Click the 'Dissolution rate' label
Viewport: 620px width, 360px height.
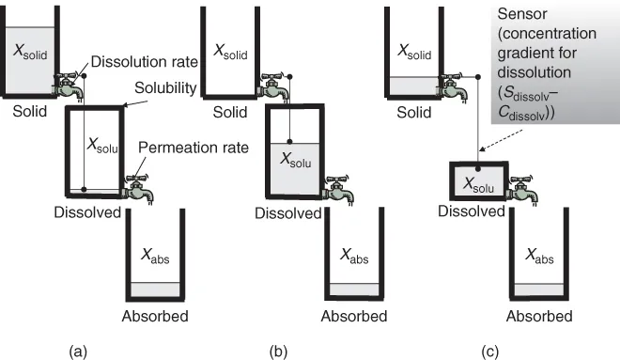145,62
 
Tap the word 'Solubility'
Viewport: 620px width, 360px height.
165,88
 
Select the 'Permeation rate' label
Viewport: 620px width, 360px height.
194,148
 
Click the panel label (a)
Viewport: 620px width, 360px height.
78,352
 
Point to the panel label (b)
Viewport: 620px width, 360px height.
278,352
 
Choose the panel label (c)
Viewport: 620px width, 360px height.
490,352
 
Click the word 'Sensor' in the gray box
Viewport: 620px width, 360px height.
522,14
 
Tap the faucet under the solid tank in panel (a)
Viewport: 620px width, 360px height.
70,86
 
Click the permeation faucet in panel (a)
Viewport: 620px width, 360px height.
137,189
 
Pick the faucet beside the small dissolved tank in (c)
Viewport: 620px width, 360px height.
522,190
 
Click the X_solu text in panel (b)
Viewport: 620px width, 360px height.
295,160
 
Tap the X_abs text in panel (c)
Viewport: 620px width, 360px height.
539,256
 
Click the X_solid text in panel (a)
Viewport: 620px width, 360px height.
30,51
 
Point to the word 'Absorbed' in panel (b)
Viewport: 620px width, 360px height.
354,316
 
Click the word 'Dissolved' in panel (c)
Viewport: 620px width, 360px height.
472,211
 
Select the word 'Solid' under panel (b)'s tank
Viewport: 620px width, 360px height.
230,113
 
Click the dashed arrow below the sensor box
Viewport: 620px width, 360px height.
501,141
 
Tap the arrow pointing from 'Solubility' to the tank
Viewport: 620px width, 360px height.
135,103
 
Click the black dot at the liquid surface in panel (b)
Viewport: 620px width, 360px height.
290,142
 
